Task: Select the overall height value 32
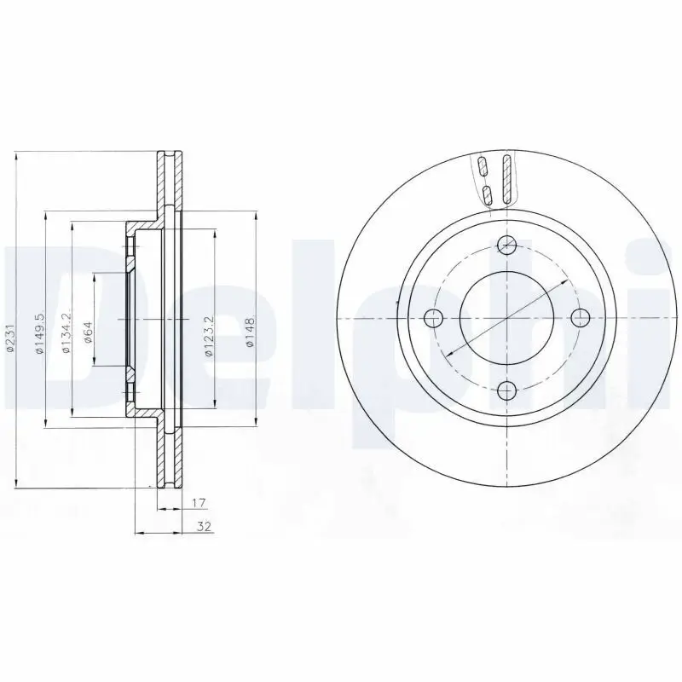pos(203,527)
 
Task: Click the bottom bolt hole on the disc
pos(507,391)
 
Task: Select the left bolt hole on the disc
pos(434,319)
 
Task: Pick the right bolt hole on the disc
pos(581,319)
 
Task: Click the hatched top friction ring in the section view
pos(169,183)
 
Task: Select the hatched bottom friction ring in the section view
pos(169,452)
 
